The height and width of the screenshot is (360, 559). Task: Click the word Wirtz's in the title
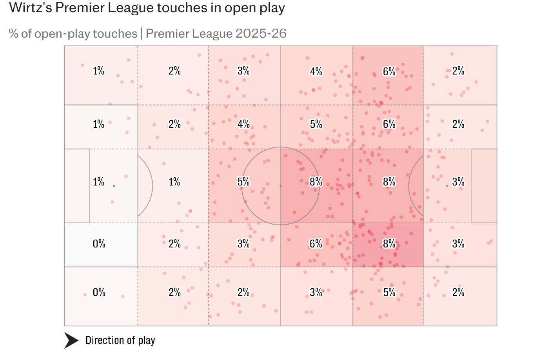click(30, 8)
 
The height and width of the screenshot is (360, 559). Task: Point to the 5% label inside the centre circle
click(243, 182)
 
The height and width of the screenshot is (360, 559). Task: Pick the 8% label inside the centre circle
click(316, 182)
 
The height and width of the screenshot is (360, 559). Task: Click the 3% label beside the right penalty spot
click(458, 182)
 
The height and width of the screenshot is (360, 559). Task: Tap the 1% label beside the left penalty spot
click(98, 182)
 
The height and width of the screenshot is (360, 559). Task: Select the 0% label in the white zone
click(99, 244)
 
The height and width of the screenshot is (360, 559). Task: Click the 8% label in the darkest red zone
click(389, 244)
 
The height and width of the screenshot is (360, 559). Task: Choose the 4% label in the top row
click(316, 72)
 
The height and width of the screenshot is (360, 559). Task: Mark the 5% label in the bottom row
click(389, 293)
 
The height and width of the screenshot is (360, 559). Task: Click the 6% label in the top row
click(389, 72)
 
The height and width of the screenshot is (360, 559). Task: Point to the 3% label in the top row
click(243, 71)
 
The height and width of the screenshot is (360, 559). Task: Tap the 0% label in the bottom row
click(99, 293)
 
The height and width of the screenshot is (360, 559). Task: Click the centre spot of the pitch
click(281, 186)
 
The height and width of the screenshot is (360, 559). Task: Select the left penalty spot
click(114, 186)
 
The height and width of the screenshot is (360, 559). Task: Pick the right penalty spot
click(447, 186)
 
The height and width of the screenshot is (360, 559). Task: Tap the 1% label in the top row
click(98, 71)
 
